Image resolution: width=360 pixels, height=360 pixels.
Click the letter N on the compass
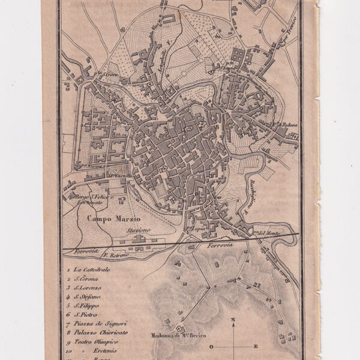coord(233,320)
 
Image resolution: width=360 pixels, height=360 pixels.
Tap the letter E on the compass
coord(256,346)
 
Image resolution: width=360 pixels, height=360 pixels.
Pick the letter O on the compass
coord(211,347)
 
